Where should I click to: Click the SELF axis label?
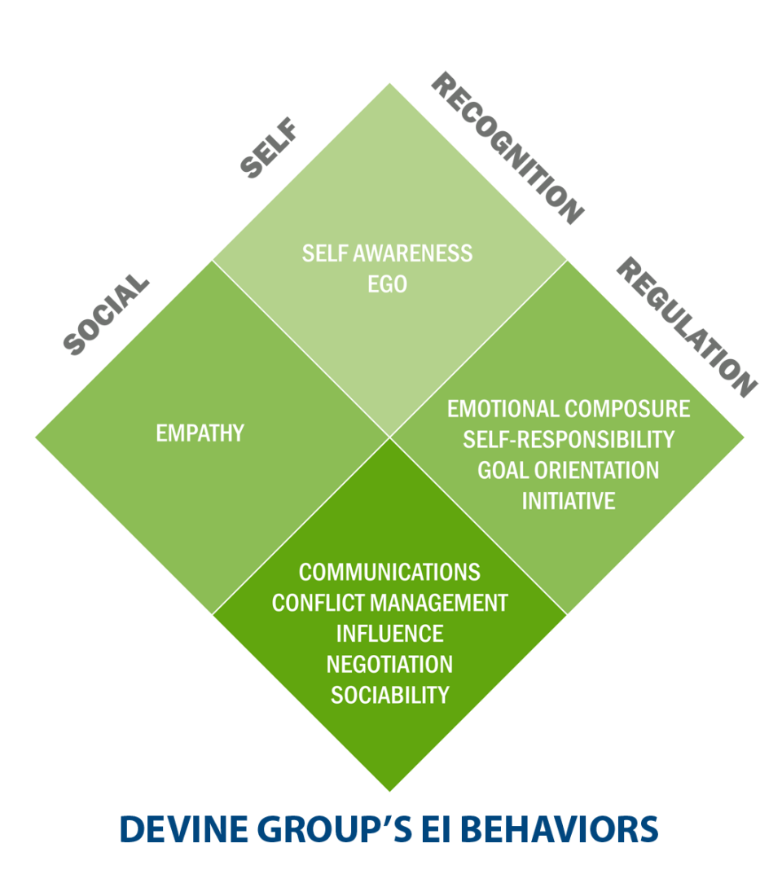click(268, 148)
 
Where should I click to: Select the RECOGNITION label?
click(507, 148)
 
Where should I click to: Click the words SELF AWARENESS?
click(387, 253)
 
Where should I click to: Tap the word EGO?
click(388, 284)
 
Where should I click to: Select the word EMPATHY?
click(200, 433)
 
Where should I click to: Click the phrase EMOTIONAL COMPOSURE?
click(569, 408)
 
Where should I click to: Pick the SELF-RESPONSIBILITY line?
click(569, 439)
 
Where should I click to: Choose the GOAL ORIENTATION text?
click(569, 470)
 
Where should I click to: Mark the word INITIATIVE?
click(569, 500)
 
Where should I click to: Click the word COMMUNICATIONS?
click(389, 572)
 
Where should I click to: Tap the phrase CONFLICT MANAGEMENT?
click(389, 603)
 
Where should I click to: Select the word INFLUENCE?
click(389, 633)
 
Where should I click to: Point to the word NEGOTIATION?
click(389, 664)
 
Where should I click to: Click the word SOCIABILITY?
click(389, 695)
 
